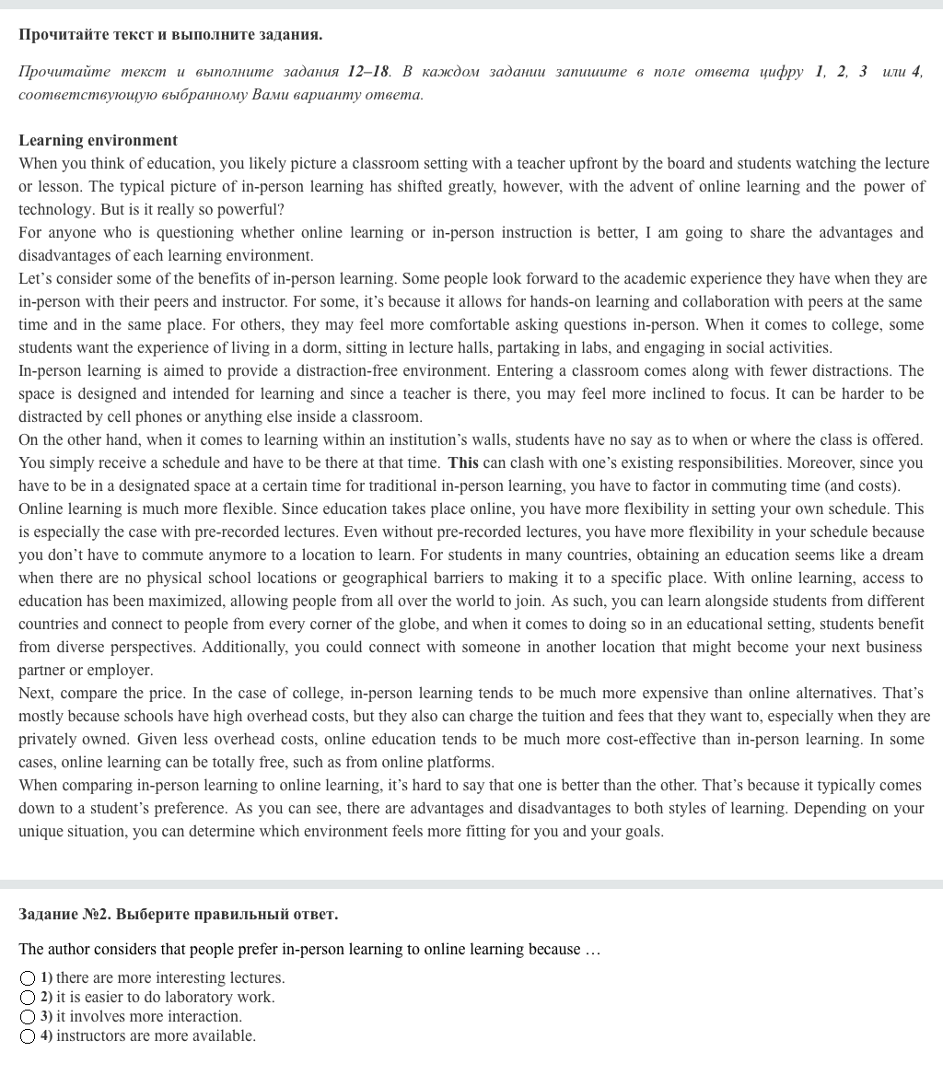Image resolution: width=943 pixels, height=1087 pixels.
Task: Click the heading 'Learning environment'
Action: (98, 140)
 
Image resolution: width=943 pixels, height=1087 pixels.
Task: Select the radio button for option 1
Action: (29, 977)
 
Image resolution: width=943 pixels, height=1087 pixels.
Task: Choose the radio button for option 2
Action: (29, 997)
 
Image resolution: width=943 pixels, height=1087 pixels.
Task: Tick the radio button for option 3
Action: (29, 1016)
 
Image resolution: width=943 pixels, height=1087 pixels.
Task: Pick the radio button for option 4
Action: (29, 1035)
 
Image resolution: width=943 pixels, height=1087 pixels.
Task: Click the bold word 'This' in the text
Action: (463, 462)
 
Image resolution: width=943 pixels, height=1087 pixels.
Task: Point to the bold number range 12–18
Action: (368, 71)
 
